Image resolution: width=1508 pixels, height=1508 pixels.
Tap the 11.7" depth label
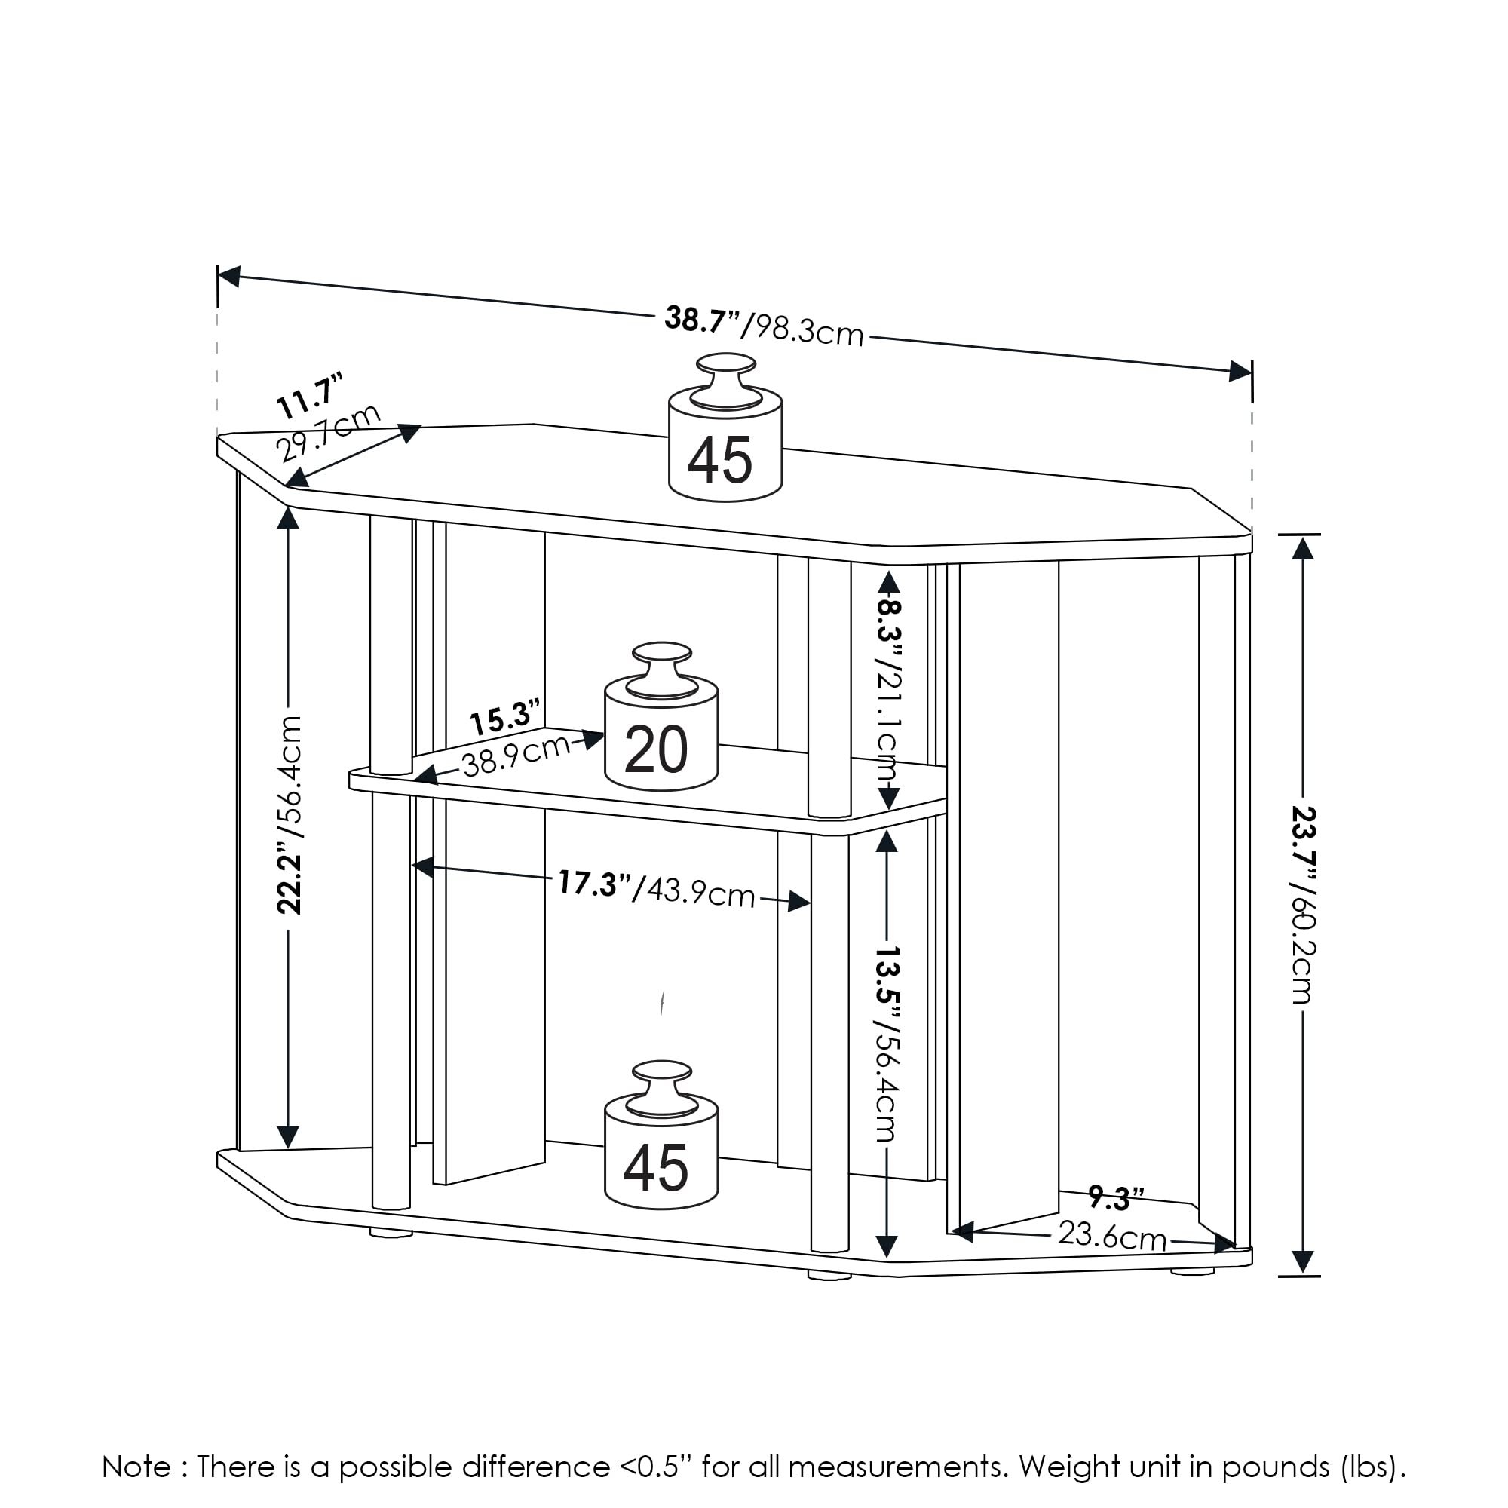coord(310,396)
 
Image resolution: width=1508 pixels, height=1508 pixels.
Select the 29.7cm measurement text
coord(328,434)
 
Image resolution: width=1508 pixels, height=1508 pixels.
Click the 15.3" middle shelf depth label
coord(504,717)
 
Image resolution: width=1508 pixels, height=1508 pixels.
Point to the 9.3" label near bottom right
coord(1115,1197)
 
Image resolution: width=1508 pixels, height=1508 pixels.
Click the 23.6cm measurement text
coord(1111,1236)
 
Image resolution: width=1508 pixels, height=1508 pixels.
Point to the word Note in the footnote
coord(136,1467)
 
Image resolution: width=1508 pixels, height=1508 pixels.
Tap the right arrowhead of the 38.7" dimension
coord(1240,370)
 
